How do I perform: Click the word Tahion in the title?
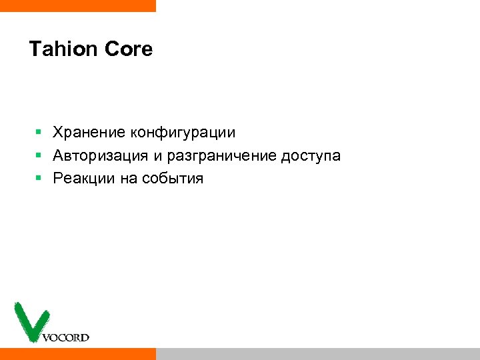coord(63,49)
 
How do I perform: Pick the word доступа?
coord(311,157)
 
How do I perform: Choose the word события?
coord(173,179)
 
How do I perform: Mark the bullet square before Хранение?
coord(39,133)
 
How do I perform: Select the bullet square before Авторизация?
coord(39,156)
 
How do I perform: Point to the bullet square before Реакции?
coord(39,179)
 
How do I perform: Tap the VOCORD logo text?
coord(65,337)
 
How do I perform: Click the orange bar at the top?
coord(77,5)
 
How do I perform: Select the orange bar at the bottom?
coord(77,353)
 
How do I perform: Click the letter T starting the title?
coord(35,49)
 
